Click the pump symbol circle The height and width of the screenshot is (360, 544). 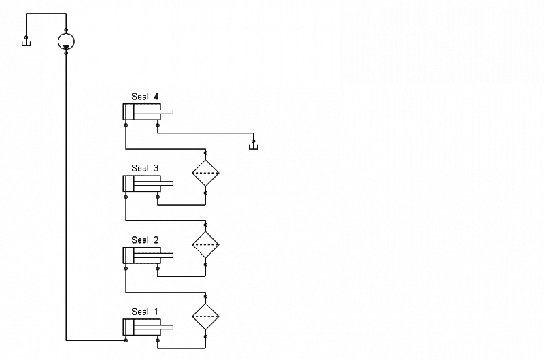click(x=65, y=41)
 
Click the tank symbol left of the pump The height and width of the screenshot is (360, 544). click(x=26, y=44)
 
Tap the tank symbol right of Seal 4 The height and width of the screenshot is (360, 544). click(x=254, y=145)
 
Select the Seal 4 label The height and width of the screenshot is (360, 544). click(x=144, y=97)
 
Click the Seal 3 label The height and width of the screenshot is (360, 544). click(x=144, y=168)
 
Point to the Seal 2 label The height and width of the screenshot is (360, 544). click(x=144, y=240)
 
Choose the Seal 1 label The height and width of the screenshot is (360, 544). click(x=144, y=312)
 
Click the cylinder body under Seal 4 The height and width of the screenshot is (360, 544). click(x=141, y=112)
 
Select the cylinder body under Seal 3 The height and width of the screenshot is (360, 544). click(x=141, y=184)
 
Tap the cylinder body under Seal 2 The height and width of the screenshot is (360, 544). click(x=141, y=255)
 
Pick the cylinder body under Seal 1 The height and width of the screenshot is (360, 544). click(x=141, y=327)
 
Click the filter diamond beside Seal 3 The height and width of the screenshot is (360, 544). click(x=205, y=174)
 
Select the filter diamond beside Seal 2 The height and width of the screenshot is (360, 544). click(x=205, y=244)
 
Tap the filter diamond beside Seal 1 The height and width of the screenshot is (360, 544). click(x=205, y=316)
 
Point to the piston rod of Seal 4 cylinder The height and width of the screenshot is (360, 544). click(x=166, y=112)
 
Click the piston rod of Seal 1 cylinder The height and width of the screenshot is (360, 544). click(x=166, y=327)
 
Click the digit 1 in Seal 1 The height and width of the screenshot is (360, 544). click(x=156, y=312)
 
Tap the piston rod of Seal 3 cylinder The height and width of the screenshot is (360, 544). click(x=166, y=184)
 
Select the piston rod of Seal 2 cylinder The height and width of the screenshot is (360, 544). click(x=166, y=255)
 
